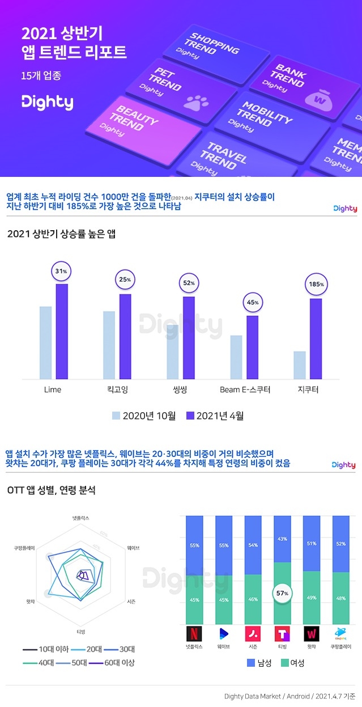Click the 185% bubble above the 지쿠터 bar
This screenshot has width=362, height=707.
(317, 284)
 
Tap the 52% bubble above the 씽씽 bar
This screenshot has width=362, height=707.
(189, 282)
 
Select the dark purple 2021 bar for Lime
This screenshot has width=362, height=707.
(62, 331)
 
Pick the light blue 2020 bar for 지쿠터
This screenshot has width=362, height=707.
(300, 365)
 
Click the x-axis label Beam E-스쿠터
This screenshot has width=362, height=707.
(245, 390)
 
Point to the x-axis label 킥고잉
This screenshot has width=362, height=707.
(117, 390)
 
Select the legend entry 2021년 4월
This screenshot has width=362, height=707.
(214, 416)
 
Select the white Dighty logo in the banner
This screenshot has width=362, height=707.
(47, 103)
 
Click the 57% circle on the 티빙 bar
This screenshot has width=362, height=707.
(282, 593)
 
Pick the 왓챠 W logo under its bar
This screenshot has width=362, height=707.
(312, 633)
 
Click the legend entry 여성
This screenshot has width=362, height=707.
(292, 663)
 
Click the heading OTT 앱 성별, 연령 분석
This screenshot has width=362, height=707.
(52, 490)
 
